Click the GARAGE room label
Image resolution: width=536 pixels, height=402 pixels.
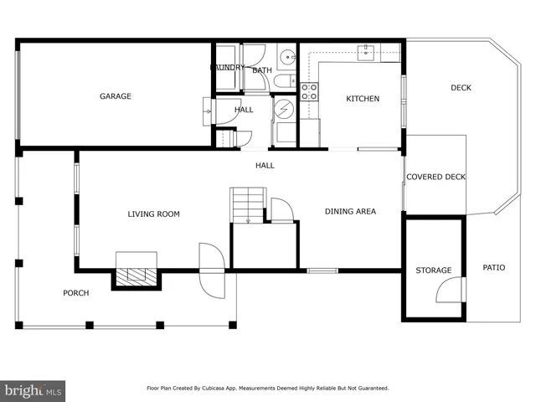pos(116,96)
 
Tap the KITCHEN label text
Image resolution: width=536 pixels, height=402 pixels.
pos(363,99)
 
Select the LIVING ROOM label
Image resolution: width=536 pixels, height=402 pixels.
pos(153,214)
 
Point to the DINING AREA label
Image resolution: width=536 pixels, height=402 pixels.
pos(350,212)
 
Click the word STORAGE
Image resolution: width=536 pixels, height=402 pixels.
pos(434,271)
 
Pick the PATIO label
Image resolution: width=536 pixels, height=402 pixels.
pos(494,268)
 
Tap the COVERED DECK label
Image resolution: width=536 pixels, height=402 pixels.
pos(435,177)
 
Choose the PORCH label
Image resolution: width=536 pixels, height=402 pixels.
pos(76,293)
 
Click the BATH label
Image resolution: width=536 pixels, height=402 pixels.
pos(262,70)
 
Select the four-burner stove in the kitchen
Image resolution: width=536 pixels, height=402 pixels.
pos(309,91)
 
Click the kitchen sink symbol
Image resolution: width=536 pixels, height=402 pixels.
pos(367,53)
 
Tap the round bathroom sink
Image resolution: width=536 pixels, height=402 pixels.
pos(286,57)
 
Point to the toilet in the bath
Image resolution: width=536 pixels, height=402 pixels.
pos(283,81)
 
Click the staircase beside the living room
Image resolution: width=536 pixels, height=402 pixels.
pos(248,205)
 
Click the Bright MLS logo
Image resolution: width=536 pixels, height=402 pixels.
pos(33,389)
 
